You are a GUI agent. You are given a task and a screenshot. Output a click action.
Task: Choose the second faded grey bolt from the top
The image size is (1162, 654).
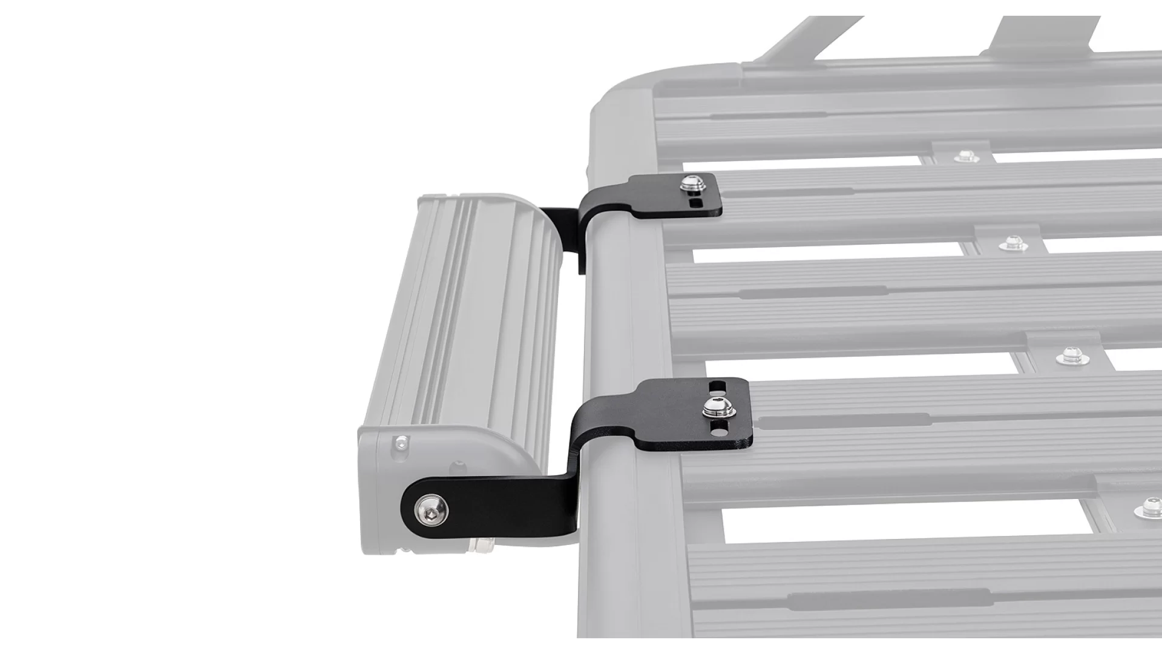coord(1011,244)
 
